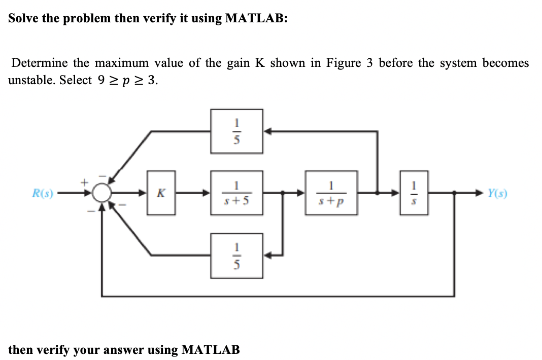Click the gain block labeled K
161,193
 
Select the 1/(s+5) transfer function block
237,193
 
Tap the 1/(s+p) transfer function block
331,193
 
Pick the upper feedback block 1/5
237,131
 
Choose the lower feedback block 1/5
237,256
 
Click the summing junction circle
103,193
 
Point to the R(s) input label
43,193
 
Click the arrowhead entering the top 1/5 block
267,131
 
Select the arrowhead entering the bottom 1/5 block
267,256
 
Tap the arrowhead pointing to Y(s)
479,193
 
